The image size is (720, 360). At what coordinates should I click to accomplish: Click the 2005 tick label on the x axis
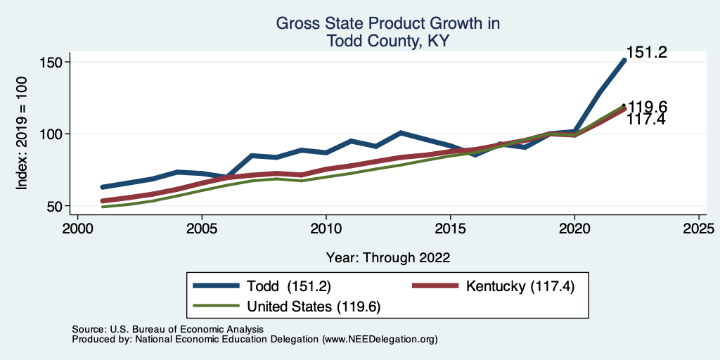point(201,229)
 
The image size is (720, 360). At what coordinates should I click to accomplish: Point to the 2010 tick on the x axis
point(326,229)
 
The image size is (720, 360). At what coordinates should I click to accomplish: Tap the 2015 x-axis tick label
point(450,229)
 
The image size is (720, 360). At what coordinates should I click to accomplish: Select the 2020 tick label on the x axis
point(574,229)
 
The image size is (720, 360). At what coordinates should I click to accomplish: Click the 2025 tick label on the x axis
point(699,229)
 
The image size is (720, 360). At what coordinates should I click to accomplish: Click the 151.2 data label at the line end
point(646,53)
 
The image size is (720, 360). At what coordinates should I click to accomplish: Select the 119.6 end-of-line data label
point(648,108)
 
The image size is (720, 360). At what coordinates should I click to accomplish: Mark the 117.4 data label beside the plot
point(648,120)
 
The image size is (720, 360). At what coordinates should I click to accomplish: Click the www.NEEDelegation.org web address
point(380,340)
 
